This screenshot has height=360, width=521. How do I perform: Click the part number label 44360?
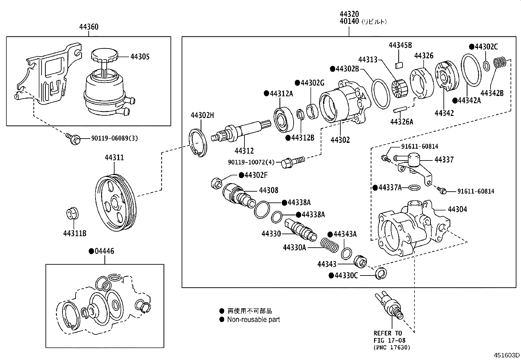(x=88, y=27)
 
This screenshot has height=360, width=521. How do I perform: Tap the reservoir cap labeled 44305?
(x=104, y=56)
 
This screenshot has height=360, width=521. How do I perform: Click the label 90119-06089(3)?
(x=115, y=138)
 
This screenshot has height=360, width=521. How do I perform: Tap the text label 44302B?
(x=347, y=69)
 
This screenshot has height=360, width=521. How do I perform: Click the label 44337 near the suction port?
(x=444, y=160)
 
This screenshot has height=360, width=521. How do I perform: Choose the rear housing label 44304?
(x=457, y=209)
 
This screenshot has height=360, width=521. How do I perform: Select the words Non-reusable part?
(x=254, y=319)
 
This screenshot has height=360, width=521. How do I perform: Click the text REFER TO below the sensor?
(x=387, y=333)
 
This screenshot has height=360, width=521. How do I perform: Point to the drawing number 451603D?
(x=507, y=355)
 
